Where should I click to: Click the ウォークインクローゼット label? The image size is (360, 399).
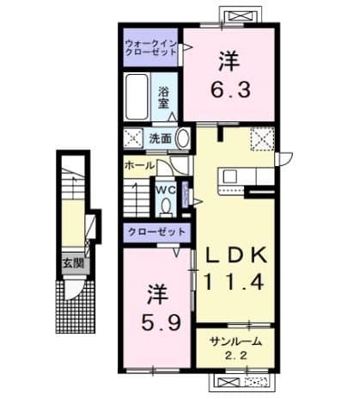(x=151, y=46)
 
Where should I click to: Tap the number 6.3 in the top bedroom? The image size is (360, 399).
(x=229, y=87)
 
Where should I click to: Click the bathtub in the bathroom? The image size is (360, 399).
(x=137, y=99)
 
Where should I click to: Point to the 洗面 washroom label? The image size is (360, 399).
(x=161, y=137)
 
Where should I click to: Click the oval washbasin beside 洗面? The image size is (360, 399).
(x=182, y=138)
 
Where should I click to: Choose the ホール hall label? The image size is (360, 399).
(x=138, y=163)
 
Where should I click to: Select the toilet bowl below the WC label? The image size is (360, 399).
(x=164, y=207)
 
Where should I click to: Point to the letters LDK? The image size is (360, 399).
(x=236, y=255)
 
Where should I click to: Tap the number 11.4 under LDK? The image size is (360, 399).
(x=236, y=279)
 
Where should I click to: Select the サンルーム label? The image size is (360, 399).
(x=235, y=341)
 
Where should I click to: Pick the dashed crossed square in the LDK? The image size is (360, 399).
(x=260, y=138)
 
